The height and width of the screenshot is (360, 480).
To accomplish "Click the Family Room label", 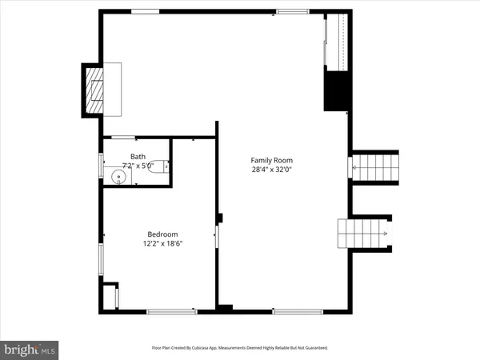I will (266, 159).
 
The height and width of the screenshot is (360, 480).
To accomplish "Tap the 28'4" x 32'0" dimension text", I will (266, 170).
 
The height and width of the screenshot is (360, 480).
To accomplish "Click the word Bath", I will (138, 157).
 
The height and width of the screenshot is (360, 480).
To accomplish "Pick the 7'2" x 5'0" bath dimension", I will (138, 166).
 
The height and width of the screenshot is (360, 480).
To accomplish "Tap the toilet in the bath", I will (162, 166).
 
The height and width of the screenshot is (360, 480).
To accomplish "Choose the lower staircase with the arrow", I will (364, 234).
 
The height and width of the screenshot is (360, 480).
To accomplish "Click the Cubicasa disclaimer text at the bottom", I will (240, 348).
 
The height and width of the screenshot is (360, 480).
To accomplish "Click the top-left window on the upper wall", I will (144, 11).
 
